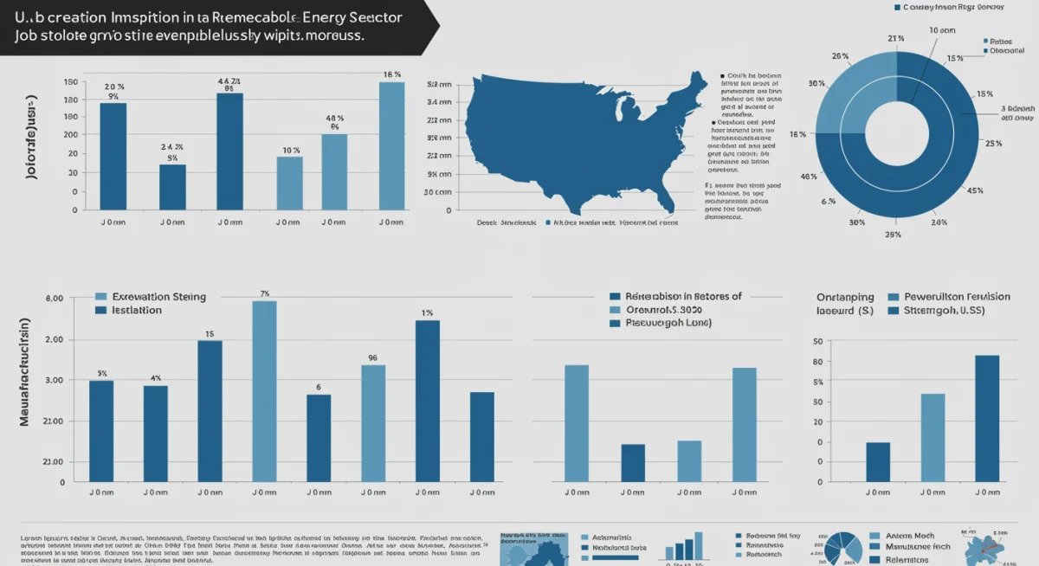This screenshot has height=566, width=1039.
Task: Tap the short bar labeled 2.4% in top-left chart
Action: pos(172,187)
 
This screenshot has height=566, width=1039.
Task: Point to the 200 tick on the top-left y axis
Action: pos(71,135)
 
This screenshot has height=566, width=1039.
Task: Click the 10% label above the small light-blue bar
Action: pos(290,151)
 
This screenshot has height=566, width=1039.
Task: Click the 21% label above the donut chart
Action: pos(896,39)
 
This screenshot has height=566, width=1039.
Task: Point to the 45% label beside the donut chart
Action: pos(975,191)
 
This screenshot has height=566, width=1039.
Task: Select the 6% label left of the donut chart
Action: pos(828,201)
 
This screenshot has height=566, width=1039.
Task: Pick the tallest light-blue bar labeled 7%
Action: pos(264,391)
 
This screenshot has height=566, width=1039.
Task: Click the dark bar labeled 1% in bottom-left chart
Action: pos(428,401)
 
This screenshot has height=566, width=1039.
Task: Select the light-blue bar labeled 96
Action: pos(373,423)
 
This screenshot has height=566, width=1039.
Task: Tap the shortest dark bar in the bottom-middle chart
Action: pos(633,463)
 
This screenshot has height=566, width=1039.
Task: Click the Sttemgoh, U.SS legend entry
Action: pos(947,310)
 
